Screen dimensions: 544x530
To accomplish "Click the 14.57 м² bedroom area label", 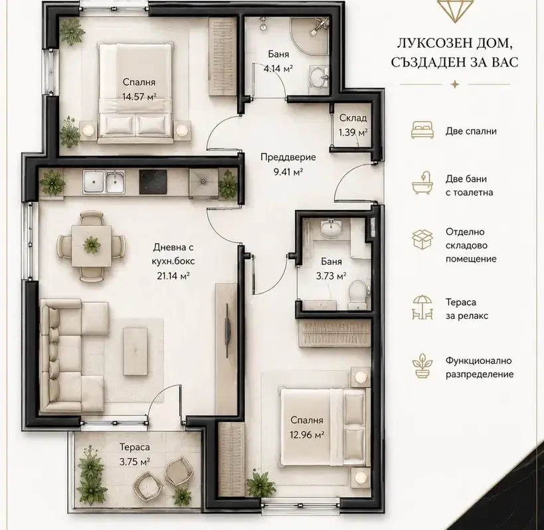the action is point(139,96).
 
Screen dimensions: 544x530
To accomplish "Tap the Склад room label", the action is point(353,118).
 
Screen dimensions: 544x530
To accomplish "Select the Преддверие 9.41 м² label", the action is point(288,164).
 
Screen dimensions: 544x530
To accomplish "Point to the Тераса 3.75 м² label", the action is point(135,454).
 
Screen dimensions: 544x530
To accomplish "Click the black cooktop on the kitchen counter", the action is point(153,182).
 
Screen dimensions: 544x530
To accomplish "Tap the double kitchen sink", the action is point(104,182).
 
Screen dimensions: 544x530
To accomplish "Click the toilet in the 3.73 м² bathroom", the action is point(357,294).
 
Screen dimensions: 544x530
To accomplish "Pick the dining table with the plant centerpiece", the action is point(92,246).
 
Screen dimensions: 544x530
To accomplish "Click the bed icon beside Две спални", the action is point(422,130).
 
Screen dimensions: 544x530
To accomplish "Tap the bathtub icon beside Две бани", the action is point(422,183).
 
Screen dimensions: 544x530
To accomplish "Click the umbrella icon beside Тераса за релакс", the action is point(422,307).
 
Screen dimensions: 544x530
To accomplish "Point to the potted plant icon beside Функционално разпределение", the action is point(422,365).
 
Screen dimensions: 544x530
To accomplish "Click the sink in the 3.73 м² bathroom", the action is point(331,228).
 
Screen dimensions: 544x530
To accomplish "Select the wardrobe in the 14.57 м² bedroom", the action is point(223,56).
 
